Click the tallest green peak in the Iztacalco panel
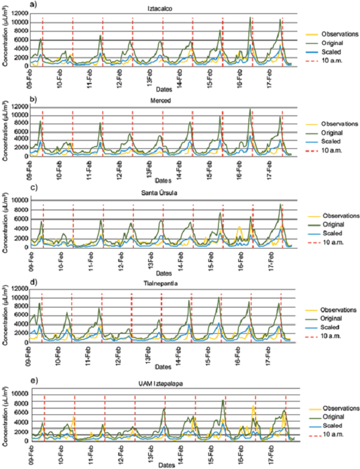(x=250, y=18)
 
